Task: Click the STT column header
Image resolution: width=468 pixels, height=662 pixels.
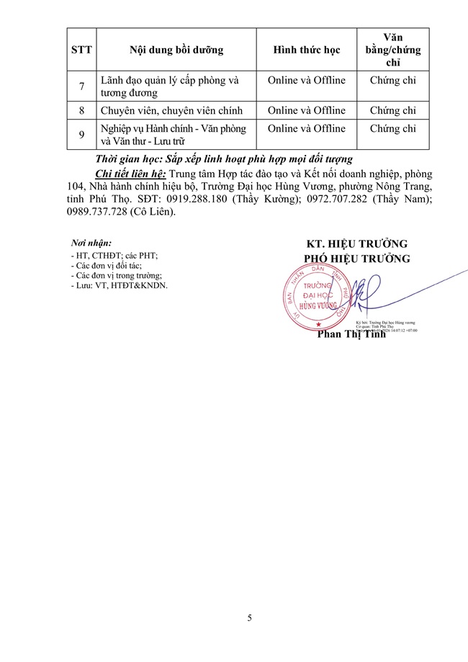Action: pyautogui.click(x=81, y=50)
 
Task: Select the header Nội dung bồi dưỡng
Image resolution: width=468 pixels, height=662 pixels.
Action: pyautogui.click(x=176, y=50)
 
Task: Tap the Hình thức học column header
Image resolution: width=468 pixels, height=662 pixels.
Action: pyautogui.click(x=306, y=50)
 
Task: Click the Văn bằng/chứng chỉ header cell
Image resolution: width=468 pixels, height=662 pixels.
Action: pyautogui.click(x=392, y=50)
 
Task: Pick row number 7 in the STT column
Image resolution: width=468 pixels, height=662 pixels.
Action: pyautogui.click(x=81, y=86)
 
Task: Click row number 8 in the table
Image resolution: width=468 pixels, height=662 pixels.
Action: pyautogui.click(x=81, y=111)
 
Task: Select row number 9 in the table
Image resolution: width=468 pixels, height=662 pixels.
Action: pyautogui.click(x=81, y=135)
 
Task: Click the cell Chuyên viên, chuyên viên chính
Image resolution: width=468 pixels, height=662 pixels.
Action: pyautogui.click(x=171, y=111)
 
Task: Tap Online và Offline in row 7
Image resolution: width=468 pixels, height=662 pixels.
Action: pyautogui.click(x=306, y=80)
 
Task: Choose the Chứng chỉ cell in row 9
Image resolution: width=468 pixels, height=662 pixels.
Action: pyautogui.click(x=392, y=129)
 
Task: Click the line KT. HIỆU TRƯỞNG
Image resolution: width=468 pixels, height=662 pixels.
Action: pyautogui.click(x=357, y=243)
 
